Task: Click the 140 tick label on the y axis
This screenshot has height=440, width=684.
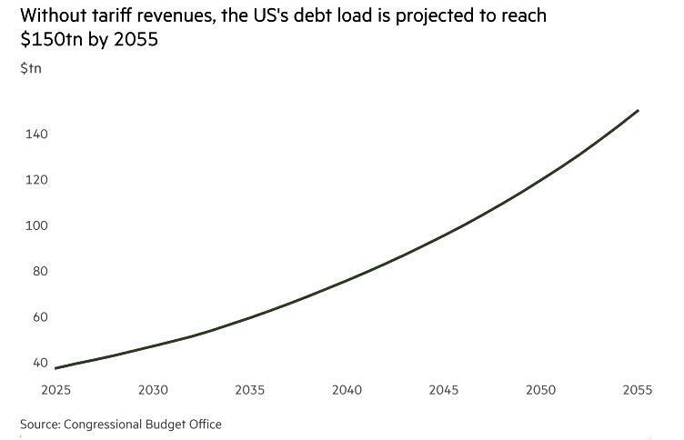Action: pos(35,135)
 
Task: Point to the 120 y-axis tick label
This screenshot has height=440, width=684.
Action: pos(35,180)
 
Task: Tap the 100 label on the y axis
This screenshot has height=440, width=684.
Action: pos(35,225)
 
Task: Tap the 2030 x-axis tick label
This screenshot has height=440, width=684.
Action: pos(153,390)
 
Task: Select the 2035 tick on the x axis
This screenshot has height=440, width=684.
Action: pos(250,390)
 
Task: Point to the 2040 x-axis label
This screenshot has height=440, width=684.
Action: pos(347,390)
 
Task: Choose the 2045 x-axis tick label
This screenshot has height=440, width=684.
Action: pos(444,390)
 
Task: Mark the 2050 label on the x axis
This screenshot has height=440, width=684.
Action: pos(540,390)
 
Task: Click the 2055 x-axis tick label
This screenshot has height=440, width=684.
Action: pos(638,390)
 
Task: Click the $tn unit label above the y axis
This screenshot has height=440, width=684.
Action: pos(30,68)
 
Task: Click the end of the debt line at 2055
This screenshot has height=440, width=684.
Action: pos(638,111)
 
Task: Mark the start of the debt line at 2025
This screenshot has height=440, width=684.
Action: pos(55,368)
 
